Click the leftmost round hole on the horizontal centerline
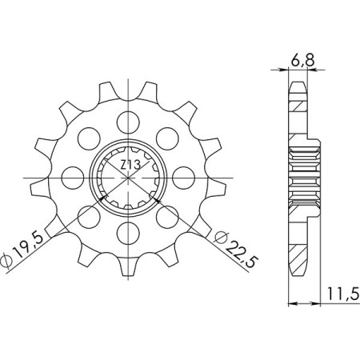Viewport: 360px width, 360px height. point(71,177)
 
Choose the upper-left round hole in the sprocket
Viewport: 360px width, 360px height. point(87,138)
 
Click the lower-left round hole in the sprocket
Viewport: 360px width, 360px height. point(87,216)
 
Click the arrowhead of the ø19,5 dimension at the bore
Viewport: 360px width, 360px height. point(102,195)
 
